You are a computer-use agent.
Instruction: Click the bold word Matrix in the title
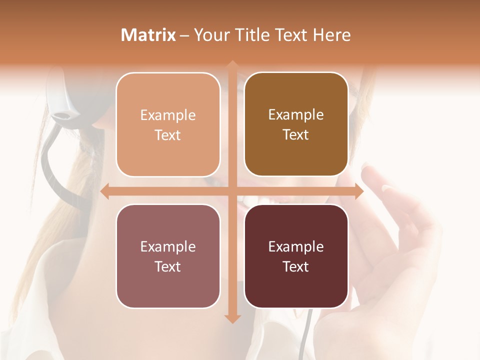[148, 35]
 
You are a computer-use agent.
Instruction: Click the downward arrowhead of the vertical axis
[232, 319]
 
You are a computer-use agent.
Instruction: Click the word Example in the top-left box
[168, 115]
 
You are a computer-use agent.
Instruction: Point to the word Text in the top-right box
[296, 135]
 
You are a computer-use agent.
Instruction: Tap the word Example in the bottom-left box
[168, 247]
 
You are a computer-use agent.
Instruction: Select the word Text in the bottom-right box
[296, 266]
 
